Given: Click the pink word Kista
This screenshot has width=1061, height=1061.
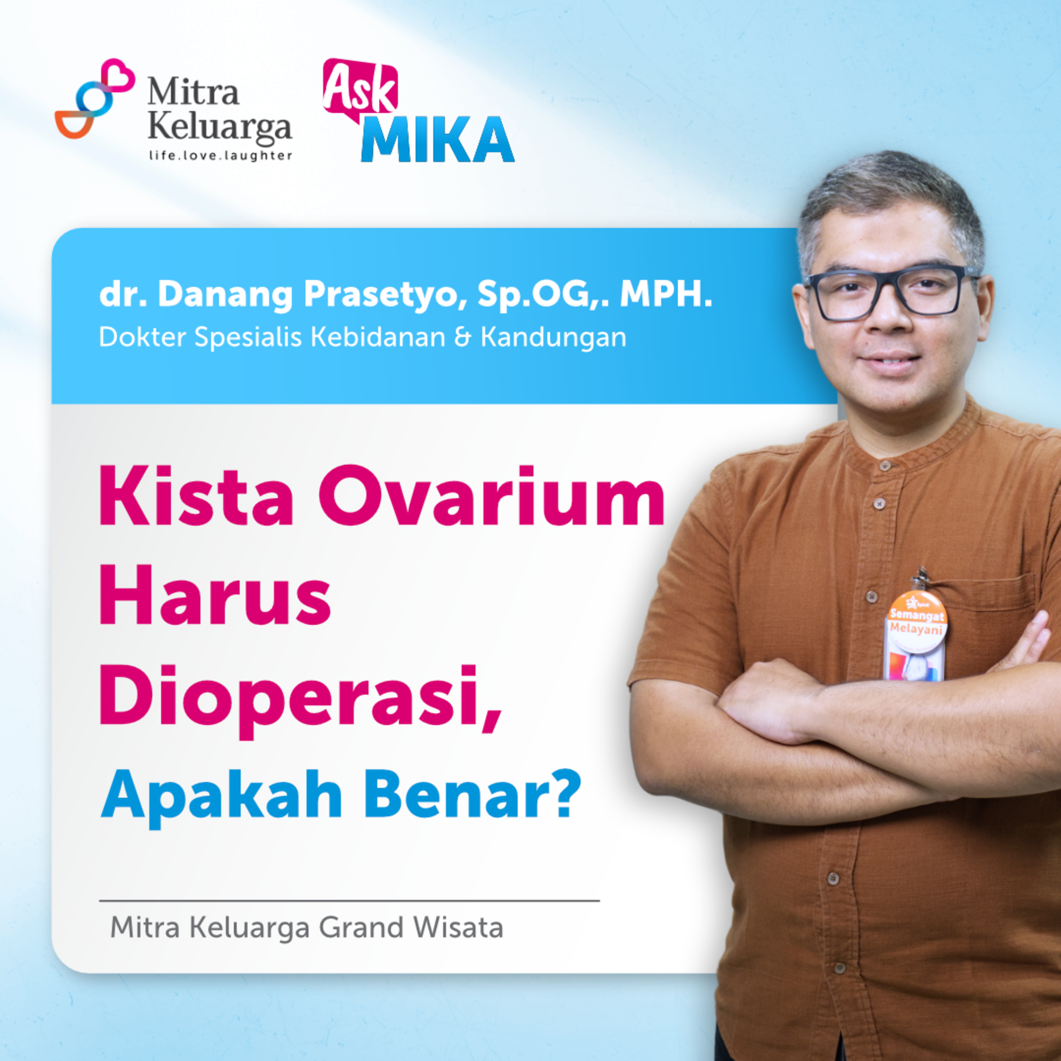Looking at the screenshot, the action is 196,496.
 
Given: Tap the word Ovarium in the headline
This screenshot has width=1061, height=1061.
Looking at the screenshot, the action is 492,496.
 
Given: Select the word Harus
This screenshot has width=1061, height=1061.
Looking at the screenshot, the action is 215,595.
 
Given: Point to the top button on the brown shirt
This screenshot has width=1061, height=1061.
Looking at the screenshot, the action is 884,466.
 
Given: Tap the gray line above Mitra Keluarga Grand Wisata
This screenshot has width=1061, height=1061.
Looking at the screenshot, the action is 349,901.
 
